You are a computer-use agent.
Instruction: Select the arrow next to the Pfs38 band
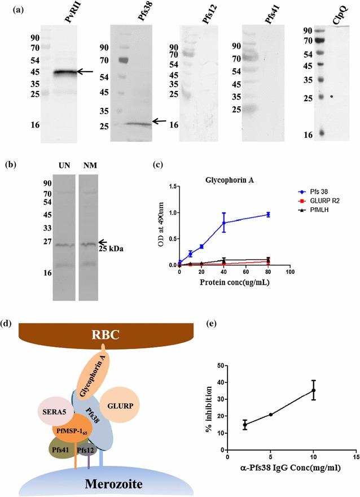[x=160, y=121]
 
